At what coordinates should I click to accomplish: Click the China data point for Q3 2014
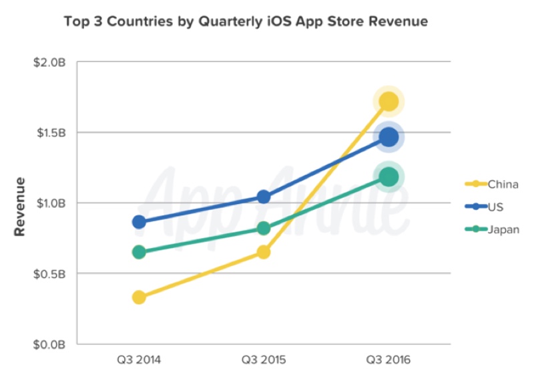139,297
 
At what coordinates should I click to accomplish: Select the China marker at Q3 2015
264,252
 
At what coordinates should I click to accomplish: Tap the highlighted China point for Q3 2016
388,102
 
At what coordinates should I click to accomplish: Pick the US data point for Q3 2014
139,222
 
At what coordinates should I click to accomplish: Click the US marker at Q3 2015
264,197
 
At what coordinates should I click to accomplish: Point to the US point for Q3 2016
388,137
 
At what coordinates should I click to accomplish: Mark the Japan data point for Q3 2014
139,252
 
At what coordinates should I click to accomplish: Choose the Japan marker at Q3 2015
264,229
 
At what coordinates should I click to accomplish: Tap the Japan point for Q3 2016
388,176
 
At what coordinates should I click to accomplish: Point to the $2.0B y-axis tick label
51,62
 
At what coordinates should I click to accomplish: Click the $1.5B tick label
51,132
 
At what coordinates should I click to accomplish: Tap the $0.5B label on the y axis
51,273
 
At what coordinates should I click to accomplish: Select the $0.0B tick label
51,344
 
